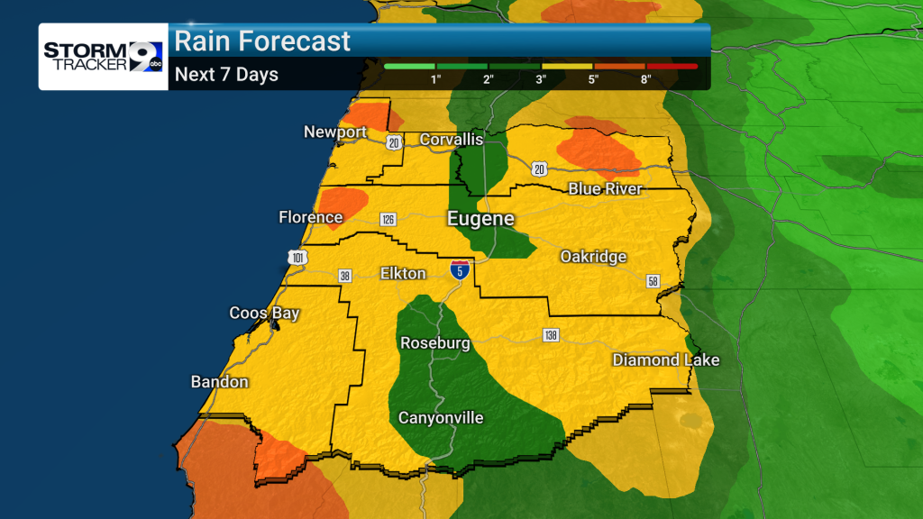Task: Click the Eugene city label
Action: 481,219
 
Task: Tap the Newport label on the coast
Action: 335,132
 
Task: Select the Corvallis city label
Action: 452,140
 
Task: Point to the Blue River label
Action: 605,188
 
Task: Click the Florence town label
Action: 311,217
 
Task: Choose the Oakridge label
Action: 593,257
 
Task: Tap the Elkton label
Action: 403,272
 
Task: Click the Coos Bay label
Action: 264,314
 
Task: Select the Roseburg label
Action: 435,343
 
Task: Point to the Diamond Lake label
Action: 666,360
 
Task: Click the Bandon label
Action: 219,382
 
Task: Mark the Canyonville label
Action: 442,418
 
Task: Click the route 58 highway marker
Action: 653,281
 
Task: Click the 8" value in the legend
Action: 645,79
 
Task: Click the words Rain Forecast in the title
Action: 262,41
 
